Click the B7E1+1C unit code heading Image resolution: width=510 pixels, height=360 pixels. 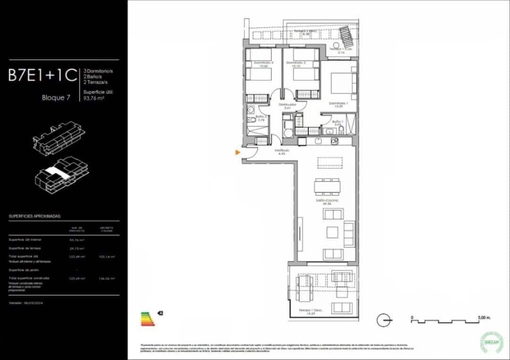[x=42, y=76]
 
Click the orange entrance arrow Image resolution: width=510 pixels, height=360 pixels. [x=238, y=152]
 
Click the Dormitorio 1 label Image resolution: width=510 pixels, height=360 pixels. [x=338, y=105]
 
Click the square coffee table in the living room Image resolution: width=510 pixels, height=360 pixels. [x=333, y=232]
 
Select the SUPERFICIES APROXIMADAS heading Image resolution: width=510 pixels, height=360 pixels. [x=35, y=216]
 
